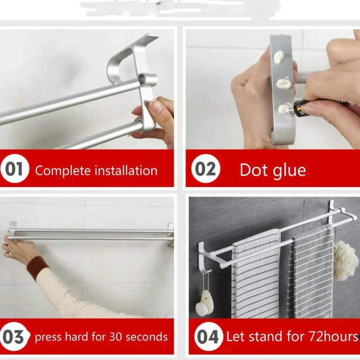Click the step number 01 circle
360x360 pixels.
14,170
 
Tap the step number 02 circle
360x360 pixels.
205,170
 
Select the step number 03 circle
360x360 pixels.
13,337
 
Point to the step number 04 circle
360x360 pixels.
207,337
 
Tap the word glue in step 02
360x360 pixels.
288,170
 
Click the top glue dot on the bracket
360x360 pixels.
278,57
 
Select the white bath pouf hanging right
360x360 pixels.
346,260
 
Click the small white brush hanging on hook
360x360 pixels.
207,301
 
